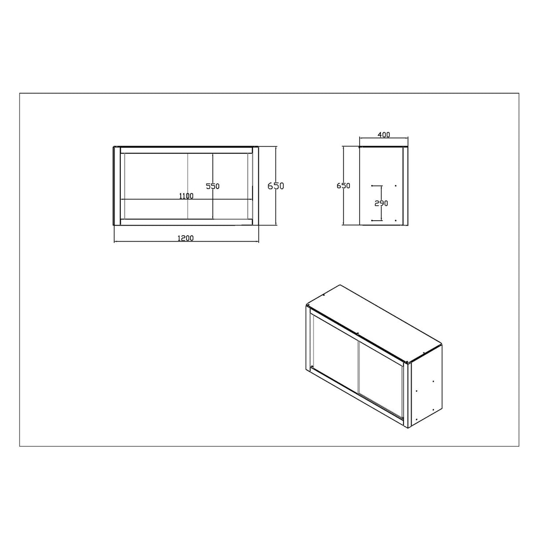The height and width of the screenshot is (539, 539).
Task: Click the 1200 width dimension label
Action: [186, 238]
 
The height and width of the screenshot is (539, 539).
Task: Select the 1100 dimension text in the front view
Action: [186, 196]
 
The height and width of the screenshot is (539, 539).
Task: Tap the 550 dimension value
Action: [213, 186]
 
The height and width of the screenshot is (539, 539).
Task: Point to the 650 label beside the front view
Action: [275, 186]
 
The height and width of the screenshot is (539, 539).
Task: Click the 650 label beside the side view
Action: [343, 186]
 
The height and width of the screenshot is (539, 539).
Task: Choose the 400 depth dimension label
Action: [384, 135]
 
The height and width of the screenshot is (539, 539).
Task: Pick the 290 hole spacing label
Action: [381, 203]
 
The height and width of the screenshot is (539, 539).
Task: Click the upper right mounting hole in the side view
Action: [395, 186]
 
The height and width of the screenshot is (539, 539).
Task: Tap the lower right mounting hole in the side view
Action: [395, 220]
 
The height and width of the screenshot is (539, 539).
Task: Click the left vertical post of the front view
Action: [117, 186]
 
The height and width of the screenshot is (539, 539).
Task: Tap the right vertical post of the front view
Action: [255, 186]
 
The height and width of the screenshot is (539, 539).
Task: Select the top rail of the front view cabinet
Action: [186, 150]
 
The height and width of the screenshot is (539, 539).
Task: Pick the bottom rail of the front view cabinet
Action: [186, 222]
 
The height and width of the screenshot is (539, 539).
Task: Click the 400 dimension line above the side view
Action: [384, 139]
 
